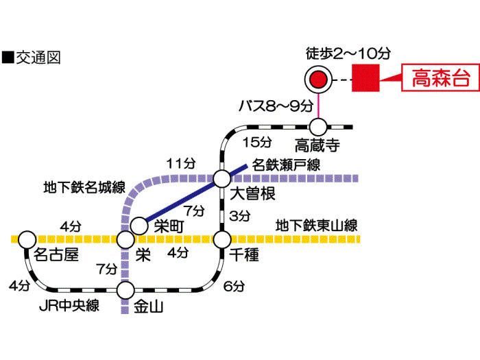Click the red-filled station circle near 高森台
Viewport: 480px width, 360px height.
tap(318, 80)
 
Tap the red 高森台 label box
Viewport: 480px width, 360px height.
tap(440, 77)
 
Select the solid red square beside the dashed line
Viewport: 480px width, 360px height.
tap(365, 77)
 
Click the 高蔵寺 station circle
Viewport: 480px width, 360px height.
tap(318, 127)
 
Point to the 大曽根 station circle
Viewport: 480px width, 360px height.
tap(222, 178)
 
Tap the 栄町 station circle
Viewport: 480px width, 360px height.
tap(139, 226)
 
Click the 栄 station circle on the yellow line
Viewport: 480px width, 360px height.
tap(125, 240)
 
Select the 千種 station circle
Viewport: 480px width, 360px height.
tap(222, 240)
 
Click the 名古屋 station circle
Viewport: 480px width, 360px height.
tap(27, 240)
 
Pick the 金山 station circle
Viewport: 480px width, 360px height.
tap(125, 290)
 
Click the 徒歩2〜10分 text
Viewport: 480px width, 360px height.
tap(348, 53)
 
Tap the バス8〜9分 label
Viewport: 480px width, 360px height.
tap(276, 106)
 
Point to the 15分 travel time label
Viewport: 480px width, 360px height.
tap(257, 142)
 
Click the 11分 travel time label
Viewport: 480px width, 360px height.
tap(181, 163)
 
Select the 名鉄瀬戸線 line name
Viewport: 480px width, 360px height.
tap(286, 165)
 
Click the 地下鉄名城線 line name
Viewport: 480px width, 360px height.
tap(84, 187)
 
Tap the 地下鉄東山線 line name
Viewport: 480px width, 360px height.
tap(317, 226)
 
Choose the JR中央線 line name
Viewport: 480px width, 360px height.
tap(69, 306)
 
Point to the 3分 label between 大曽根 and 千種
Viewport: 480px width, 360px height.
tap(240, 216)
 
